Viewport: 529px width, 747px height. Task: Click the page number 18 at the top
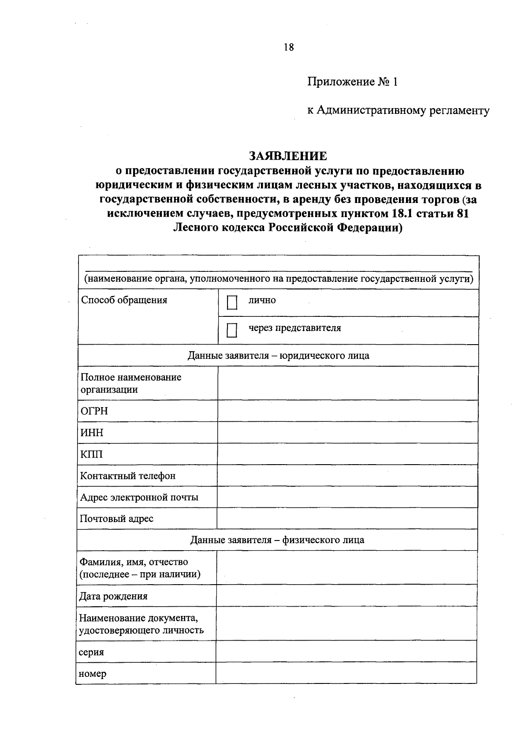pos(289,48)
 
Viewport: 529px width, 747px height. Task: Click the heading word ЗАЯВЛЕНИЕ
pos(288,156)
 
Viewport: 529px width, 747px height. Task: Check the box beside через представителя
pos(232,330)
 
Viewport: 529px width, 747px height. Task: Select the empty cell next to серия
pos(346,652)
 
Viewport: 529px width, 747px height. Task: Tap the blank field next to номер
pos(346,673)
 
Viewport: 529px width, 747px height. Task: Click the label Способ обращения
pos(124,300)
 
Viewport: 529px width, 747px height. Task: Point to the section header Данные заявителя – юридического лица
pos(278,356)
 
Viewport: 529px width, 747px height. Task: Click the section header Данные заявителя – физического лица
pos(277,540)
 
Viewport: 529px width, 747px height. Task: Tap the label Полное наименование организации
pos(130,383)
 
